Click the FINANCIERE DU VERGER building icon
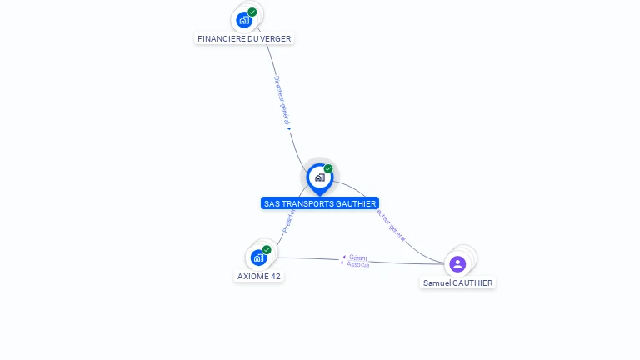(x=244, y=19)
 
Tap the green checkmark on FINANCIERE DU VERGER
(x=252, y=12)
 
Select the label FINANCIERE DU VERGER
(x=244, y=38)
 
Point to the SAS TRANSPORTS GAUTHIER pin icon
(x=319, y=177)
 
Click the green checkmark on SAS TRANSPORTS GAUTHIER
(x=328, y=169)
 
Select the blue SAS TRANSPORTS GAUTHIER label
(x=320, y=203)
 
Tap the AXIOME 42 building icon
(x=258, y=257)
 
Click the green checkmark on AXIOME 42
(x=267, y=249)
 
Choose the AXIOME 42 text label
(x=259, y=276)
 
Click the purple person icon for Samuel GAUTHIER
(x=457, y=264)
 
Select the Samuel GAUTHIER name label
(x=457, y=282)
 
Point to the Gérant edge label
(x=358, y=257)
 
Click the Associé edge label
(x=358, y=265)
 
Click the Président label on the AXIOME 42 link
(x=288, y=222)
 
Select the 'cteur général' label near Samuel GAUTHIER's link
(x=391, y=225)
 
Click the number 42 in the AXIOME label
(x=275, y=276)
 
